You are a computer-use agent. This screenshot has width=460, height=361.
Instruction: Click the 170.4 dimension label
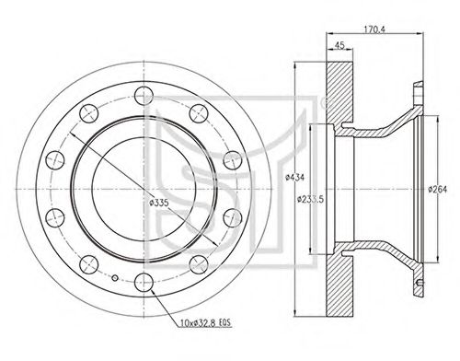tap(374, 29)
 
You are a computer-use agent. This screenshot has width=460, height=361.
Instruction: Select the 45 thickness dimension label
tap(339, 45)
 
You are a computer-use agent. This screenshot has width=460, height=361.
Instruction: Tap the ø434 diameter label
tap(294, 178)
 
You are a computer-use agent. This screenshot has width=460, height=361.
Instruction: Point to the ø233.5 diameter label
tap(310, 199)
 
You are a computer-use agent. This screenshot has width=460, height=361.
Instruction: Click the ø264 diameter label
tap(438, 190)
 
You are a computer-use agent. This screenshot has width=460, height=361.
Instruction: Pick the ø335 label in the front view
tap(158, 203)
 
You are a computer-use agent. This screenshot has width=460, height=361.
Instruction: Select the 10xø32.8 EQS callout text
tap(205, 323)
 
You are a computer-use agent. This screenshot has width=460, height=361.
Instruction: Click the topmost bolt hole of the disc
tap(144, 96)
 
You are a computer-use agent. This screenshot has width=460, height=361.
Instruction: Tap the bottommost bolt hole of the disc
tap(144, 283)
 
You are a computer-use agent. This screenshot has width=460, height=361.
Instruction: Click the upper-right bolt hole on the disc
tap(199, 113)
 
